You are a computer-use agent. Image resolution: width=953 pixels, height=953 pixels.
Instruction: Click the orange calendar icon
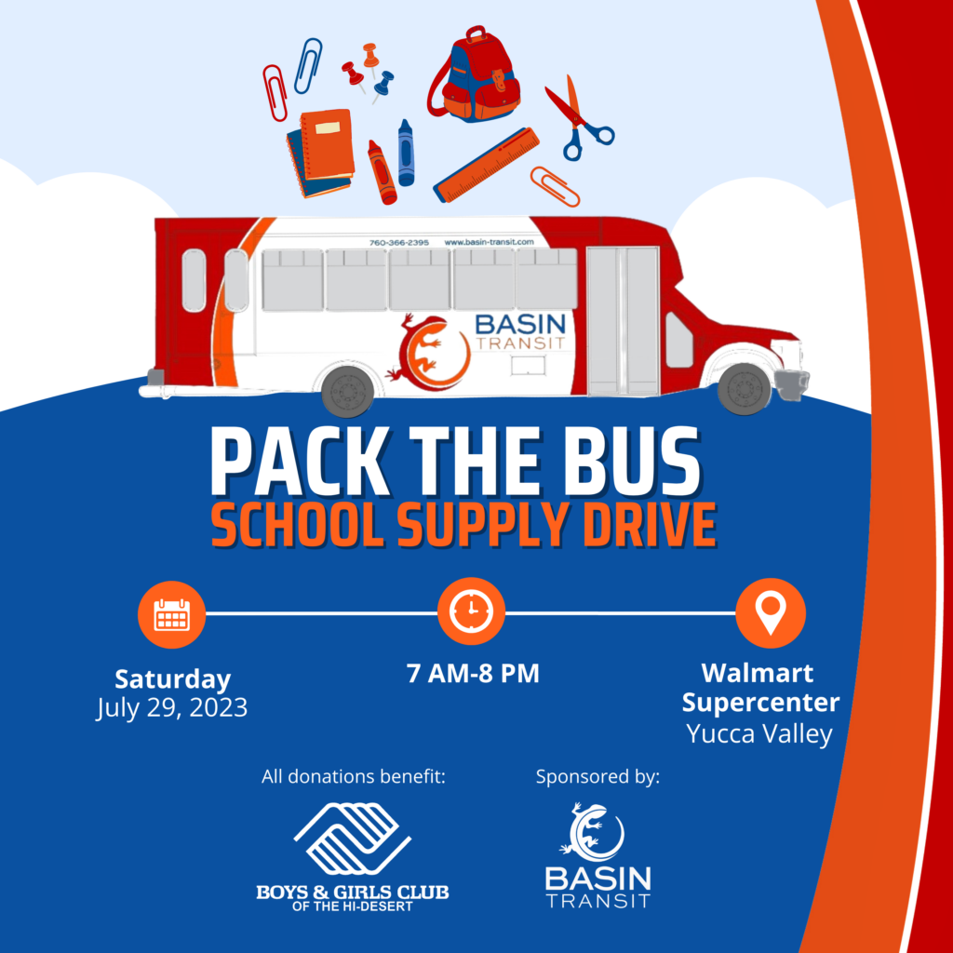172,614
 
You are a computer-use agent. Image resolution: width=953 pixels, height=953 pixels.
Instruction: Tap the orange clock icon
471,611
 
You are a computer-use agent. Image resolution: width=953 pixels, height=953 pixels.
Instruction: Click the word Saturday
172,678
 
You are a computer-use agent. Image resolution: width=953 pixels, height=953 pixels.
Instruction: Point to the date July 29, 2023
172,708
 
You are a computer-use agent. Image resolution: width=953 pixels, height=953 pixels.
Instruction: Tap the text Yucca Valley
759,733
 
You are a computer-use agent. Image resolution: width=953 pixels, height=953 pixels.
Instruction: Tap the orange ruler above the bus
486,166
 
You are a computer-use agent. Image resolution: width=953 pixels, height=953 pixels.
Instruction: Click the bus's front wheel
745,389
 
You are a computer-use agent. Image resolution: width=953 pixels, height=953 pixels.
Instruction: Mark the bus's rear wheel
348,391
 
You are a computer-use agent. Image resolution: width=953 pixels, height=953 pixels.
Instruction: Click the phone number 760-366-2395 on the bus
398,243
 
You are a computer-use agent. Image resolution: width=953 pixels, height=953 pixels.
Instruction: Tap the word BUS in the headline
624,462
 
